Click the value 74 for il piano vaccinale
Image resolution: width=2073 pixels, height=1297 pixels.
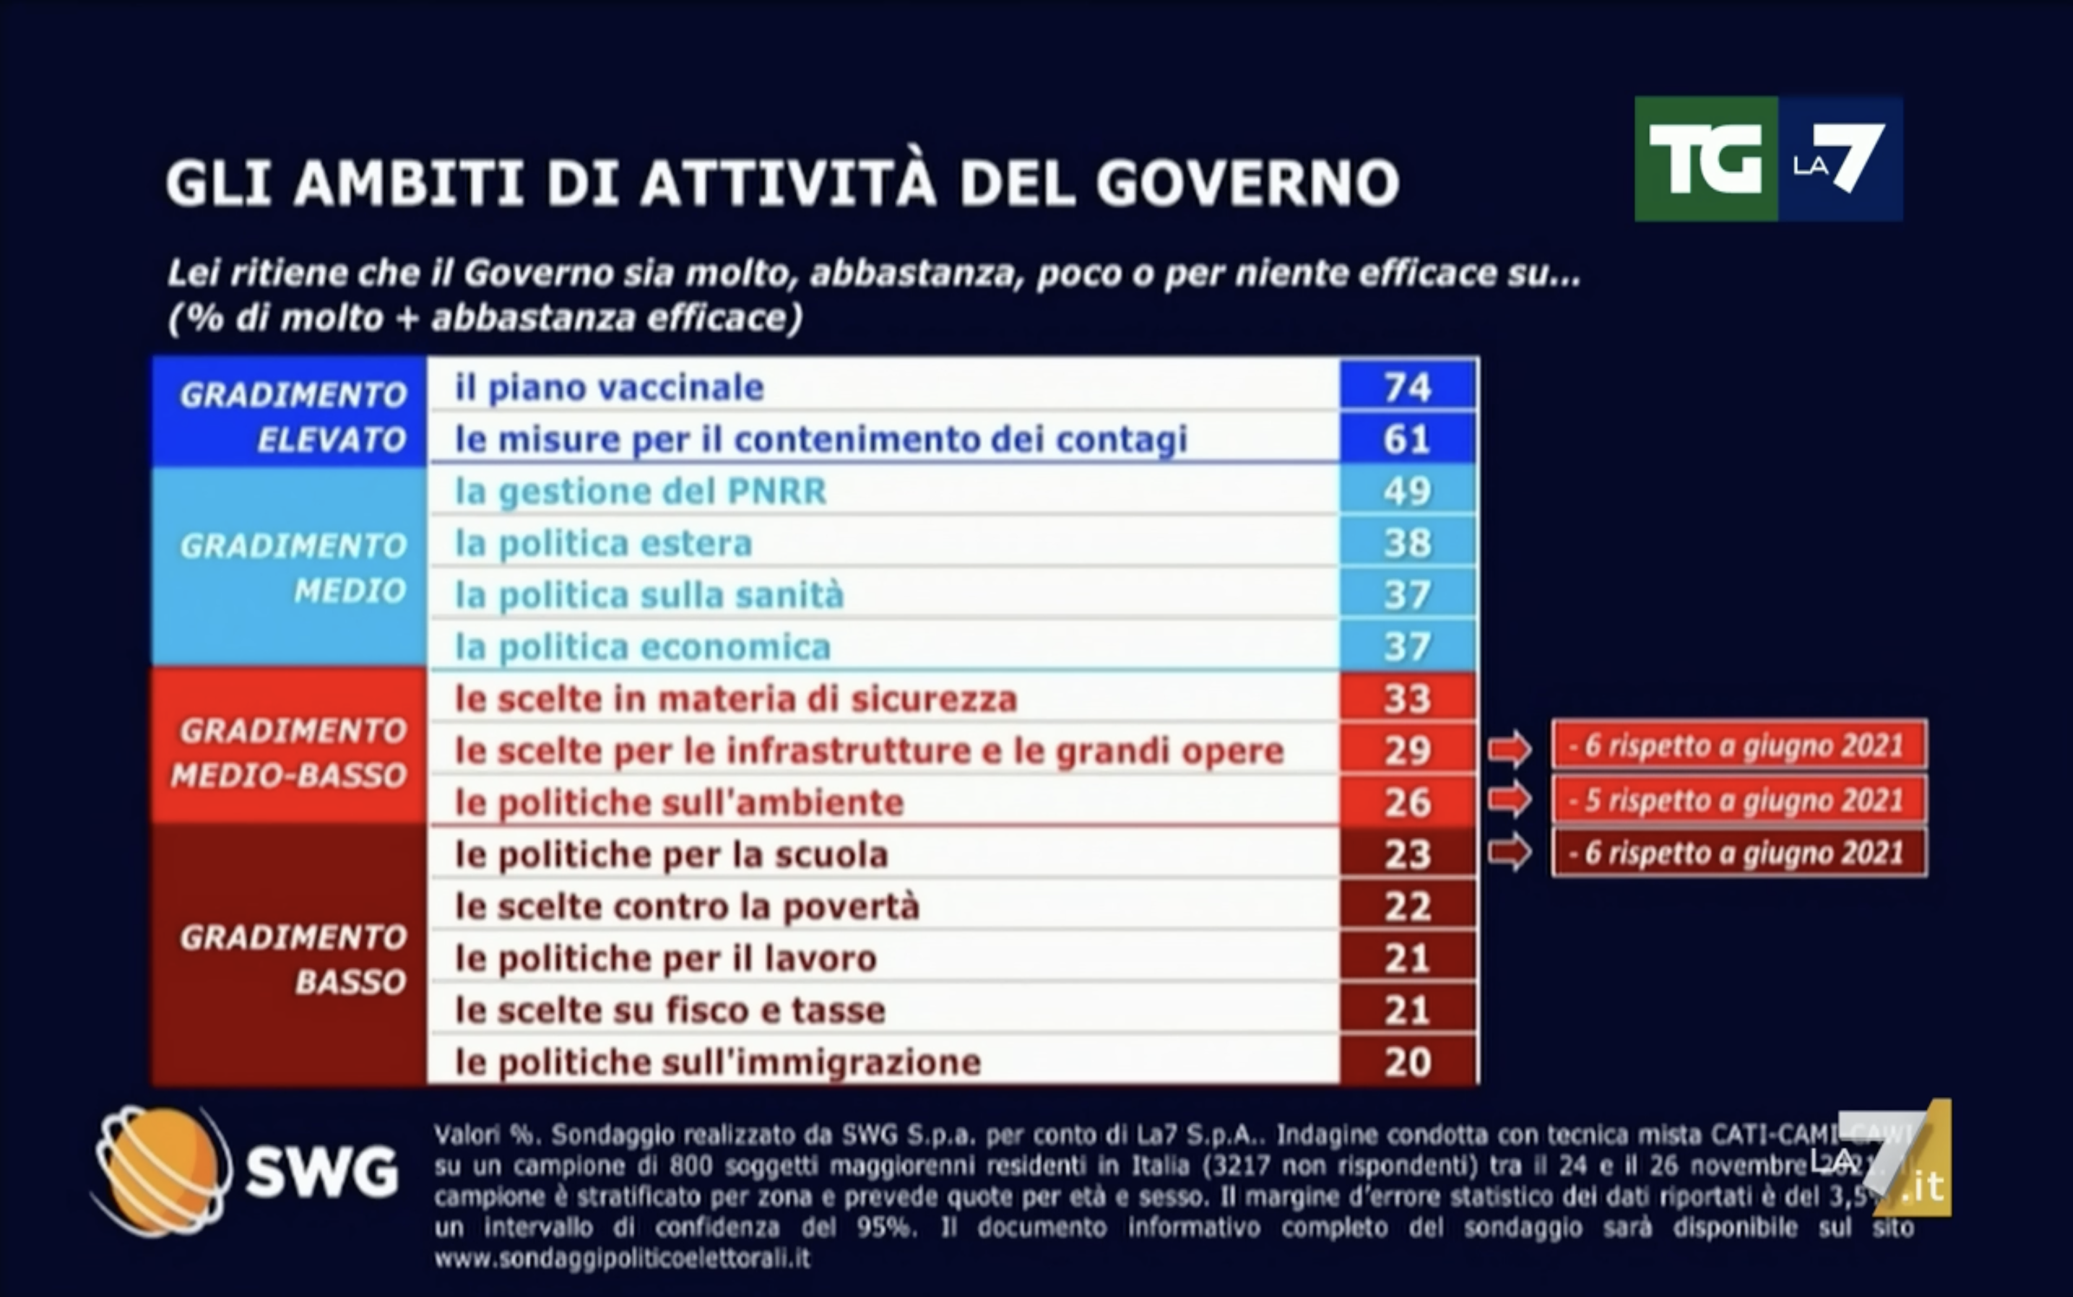click(1407, 387)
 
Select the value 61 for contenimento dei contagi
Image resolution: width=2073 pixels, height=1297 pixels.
click(1407, 439)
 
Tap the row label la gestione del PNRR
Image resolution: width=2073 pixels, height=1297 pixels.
click(640, 492)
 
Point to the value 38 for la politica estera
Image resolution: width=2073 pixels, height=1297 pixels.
click(1407, 543)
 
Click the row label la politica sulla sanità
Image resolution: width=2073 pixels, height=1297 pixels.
click(649, 595)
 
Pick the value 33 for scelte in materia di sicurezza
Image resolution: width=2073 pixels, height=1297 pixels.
click(1407, 699)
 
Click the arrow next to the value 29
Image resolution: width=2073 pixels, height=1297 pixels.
click(1510, 749)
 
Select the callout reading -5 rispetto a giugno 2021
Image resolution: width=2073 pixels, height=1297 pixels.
click(1739, 800)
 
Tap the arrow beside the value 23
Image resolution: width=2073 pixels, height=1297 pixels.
click(1510, 853)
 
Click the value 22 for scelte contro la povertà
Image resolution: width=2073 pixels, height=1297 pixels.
click(1407, 907)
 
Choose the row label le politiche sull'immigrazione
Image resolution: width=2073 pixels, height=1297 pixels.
click(717, 1062)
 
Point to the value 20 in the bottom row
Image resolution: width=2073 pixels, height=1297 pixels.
click(1407, 1062)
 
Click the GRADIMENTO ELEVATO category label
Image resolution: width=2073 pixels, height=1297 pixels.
click(292, 417)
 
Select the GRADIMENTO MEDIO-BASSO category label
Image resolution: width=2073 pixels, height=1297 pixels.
click(289, 752)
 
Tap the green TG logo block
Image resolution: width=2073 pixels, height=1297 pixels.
click(1705, 160)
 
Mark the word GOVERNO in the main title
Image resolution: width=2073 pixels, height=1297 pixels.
click(1247, 183)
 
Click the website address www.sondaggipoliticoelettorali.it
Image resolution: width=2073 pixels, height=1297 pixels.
click(621, 1259)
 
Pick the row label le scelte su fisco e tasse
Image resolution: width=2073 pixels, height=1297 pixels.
click(670, 1010)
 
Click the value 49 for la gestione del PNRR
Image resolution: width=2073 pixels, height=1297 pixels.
click(1407, 492)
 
